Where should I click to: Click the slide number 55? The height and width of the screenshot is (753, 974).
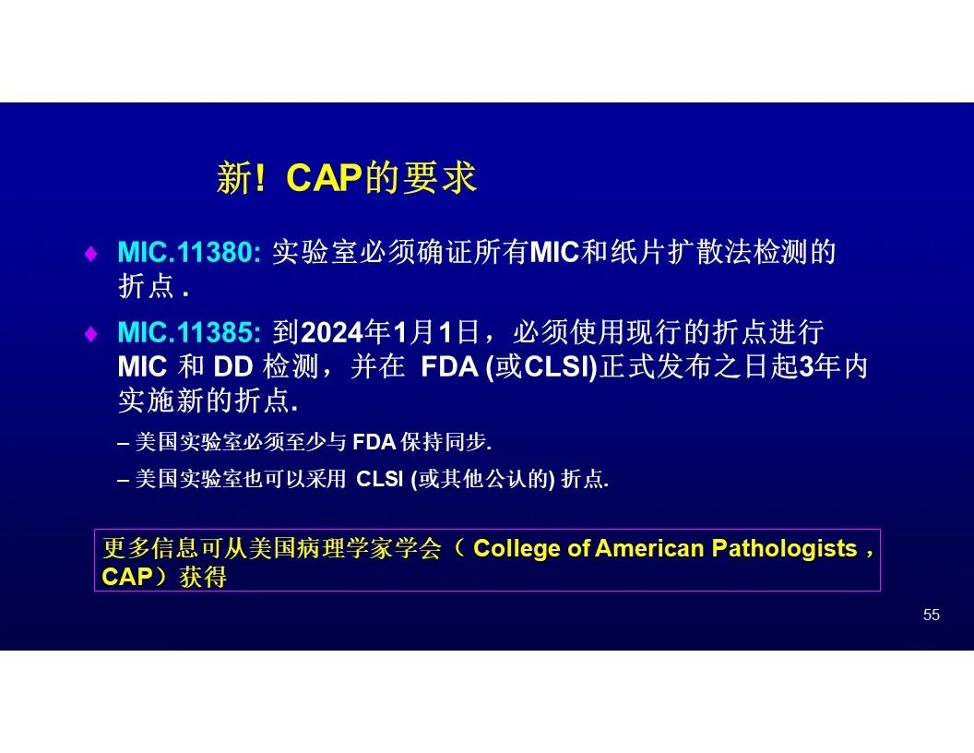[932, 616]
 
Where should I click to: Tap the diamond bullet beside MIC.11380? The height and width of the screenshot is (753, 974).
[91, 254]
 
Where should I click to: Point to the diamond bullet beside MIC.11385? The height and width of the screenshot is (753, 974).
[91, 334]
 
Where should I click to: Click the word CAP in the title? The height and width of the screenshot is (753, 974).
[325, 178]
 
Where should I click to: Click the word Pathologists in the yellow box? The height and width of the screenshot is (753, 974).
[785, 548]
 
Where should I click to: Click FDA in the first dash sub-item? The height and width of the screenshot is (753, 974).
[374, 442]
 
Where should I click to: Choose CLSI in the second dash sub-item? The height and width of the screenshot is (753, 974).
[379, 479]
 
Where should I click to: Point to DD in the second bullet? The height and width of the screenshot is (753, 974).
[233, 367]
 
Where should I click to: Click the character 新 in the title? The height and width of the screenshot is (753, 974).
[235, 178]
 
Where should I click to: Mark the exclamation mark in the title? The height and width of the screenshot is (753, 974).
[260, 178]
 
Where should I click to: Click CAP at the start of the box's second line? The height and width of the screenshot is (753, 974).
[126, 577]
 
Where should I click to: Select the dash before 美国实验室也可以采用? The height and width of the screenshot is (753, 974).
[123, 480]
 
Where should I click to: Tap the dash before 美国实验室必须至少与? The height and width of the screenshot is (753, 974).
[123, 443]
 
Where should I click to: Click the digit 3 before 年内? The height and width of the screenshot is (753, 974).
[806, 367]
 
